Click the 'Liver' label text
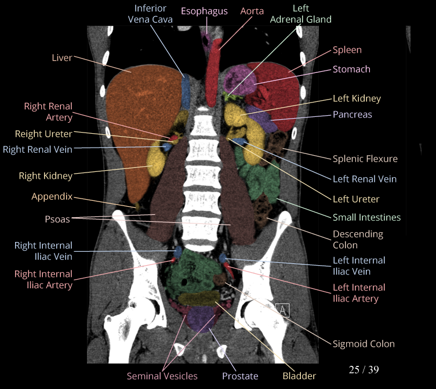[x=62, y=57]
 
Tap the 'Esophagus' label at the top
[x=204, y=11]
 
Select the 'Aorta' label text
[x=252, y=11]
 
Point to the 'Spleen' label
[x=347, y=50]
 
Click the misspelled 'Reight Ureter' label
[x=43, y=134]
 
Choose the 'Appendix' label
[x=52, y=196]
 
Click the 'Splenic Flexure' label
[x=365, y=159]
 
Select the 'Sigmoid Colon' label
[x=364, y=343]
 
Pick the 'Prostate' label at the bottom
[x=240, y=376]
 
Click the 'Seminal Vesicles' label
[x=162, y=376]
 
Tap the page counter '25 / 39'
[x=364, y=369]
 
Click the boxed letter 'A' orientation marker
[x=283, y=310]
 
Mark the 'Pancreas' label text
[x=353, y=115]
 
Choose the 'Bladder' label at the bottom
[x=299, y=376]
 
